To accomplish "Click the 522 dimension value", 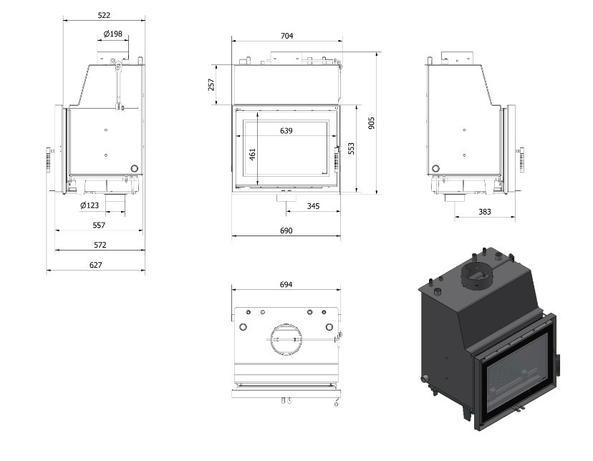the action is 104,15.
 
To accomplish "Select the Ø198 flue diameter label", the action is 112,34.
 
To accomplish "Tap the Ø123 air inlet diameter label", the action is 90,205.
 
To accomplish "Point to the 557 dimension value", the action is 99,225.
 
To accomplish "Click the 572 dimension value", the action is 100,245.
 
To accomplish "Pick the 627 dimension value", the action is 96,265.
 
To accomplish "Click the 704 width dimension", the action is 286,36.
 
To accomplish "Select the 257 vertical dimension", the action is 211,84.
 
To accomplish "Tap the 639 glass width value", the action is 286,131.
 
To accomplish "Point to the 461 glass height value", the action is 252,154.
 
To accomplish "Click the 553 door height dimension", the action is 351,148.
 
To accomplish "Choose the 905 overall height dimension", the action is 371,123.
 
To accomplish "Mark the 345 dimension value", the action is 313,206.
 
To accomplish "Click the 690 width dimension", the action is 286,230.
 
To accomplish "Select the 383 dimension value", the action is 484,212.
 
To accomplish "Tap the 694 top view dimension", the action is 286,284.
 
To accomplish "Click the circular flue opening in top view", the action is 286,324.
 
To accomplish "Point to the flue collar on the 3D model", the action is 477,276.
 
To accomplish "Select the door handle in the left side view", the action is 49,160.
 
